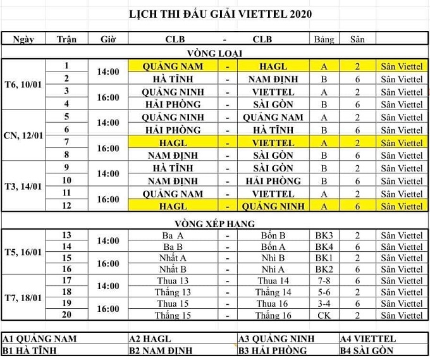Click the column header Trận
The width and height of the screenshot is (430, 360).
click(66, 39)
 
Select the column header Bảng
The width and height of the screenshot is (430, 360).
click(324, 39)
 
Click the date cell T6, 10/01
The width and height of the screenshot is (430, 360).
click(24, 85)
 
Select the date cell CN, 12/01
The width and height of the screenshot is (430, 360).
click(24, 136)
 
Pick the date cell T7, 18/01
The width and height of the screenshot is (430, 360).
click(24, 297)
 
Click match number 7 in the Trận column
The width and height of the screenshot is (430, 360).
click(66, 142)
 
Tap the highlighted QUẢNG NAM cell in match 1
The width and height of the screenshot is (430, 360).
click(173, 66)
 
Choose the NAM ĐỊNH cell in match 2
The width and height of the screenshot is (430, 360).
click(273, 79)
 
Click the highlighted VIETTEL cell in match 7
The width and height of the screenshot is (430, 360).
click(273, 143)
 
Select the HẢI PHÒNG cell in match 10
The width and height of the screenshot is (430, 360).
click(273, 181)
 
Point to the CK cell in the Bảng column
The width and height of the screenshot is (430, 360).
click(324, 315)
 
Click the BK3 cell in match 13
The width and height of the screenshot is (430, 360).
click(324, 235)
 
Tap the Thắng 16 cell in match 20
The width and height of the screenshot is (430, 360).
click(273, 315)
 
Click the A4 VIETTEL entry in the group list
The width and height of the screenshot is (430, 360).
click(367, 338)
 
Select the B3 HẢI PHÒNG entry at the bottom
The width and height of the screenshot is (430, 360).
click(273, 351)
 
